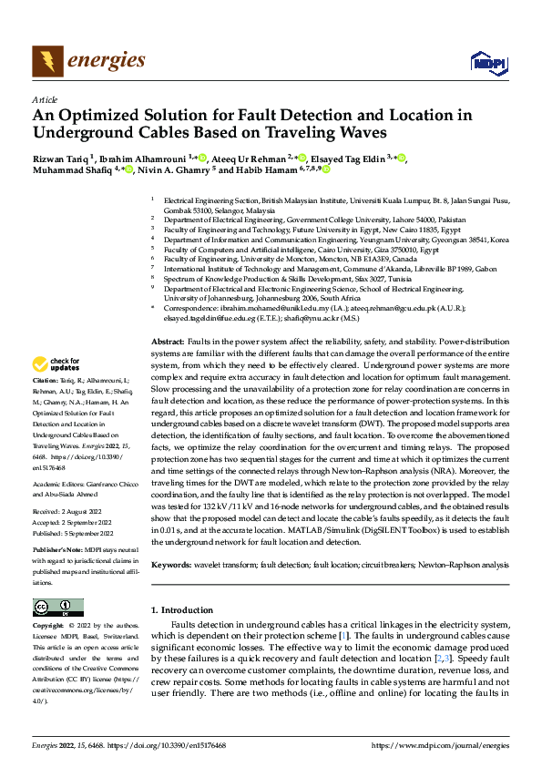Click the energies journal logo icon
point(43,61)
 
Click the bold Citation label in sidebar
point(44,404)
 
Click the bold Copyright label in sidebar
point(47,626)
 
